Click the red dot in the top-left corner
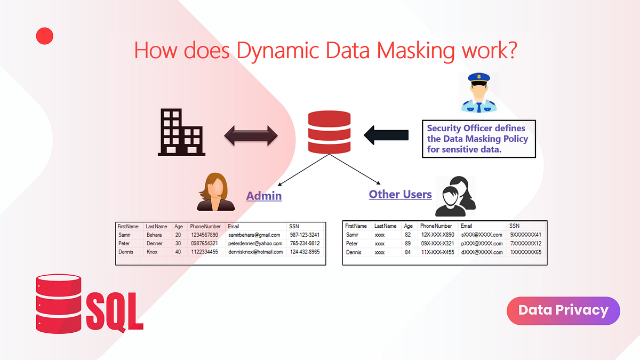click(44, 36)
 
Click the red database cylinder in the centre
click(330, 132)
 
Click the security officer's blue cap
click(478, 78)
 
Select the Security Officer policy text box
click(478, 139)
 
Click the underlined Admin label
click(263, 196)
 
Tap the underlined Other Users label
click(400, 194)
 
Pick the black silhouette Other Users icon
click(454, 196)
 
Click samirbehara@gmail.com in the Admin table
click(254, 235)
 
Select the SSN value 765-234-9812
click(305, 243)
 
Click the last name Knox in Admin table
click(152, 252)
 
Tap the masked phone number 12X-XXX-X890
click(437, 235)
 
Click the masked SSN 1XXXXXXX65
click(525, 252)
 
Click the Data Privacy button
click(563, 310)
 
